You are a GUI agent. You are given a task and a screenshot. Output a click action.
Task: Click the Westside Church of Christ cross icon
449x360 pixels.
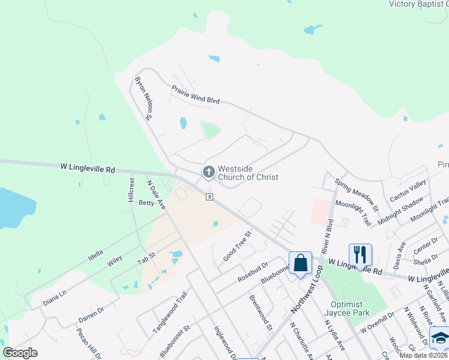pyautogui.click(x=208, y=173)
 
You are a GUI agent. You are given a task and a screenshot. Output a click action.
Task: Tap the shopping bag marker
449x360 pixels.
pyautogui.click(x=300, y=263)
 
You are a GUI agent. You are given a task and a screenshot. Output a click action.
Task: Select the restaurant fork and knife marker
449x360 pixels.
pyautogui.click(x=360, y=254)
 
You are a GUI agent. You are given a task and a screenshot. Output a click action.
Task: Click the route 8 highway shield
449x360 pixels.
pyautogui.click(x=209, y=197)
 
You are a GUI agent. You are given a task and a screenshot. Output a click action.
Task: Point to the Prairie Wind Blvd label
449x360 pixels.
pyautogui.click(x=196, y=94)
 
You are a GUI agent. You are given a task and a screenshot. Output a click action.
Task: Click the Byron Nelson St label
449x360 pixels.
pyautogui.click(x=144, y=98)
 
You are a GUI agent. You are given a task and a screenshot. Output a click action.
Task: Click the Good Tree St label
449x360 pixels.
pyautogui.click(x=237, y=245)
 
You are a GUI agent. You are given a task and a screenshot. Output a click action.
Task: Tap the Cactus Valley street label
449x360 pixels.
pyautogui.click(x=408, y=191)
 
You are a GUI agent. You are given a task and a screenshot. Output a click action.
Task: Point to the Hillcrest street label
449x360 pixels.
pyautogui.click(x=131, y=189)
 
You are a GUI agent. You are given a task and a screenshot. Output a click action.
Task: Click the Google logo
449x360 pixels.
pyautogui.click(x=20, y=353)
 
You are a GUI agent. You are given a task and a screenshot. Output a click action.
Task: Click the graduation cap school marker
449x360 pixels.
pyautogui.click(x=440, y=339)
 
